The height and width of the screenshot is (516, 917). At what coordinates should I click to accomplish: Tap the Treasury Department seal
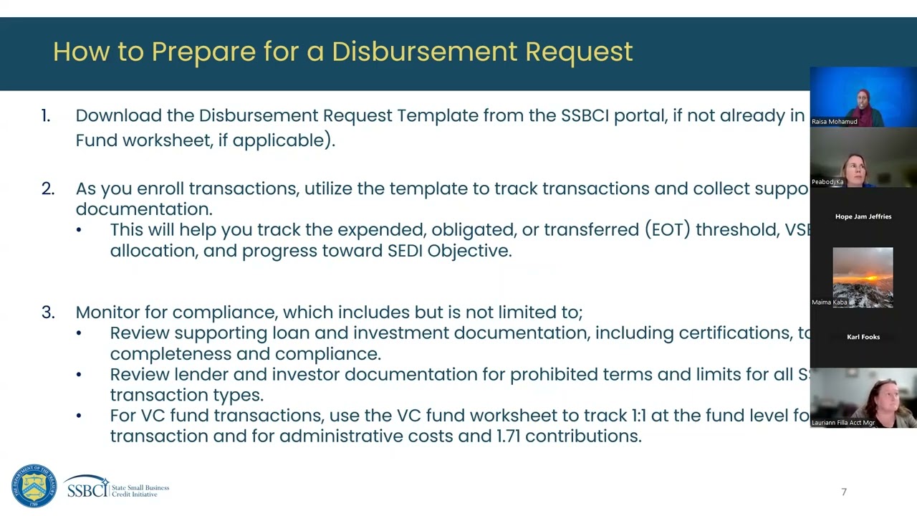[x=34, y=487]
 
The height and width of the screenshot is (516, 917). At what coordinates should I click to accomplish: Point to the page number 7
[x=844, y=492]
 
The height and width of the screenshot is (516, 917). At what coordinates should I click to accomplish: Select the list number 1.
[x=46, y=115]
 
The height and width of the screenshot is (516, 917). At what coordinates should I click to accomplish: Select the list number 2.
[x=47, y=188]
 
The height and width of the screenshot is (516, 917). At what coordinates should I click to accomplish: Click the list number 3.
[x=47, y=312]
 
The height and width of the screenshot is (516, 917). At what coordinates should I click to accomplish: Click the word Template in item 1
[x=438, y=115]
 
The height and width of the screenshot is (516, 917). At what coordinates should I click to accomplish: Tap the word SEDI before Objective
[x=405, y=251]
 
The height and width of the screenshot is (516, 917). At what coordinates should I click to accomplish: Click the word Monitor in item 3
[x=107, y=312]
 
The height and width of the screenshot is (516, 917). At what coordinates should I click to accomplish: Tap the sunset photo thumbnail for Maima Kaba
[x=863, y=277]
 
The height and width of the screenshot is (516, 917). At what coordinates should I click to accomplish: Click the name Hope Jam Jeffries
[x=863, y=216]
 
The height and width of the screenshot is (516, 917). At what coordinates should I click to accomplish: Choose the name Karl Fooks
[x=863, y=337]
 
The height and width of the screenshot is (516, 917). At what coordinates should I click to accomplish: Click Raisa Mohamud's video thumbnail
[x=863, y=97]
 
